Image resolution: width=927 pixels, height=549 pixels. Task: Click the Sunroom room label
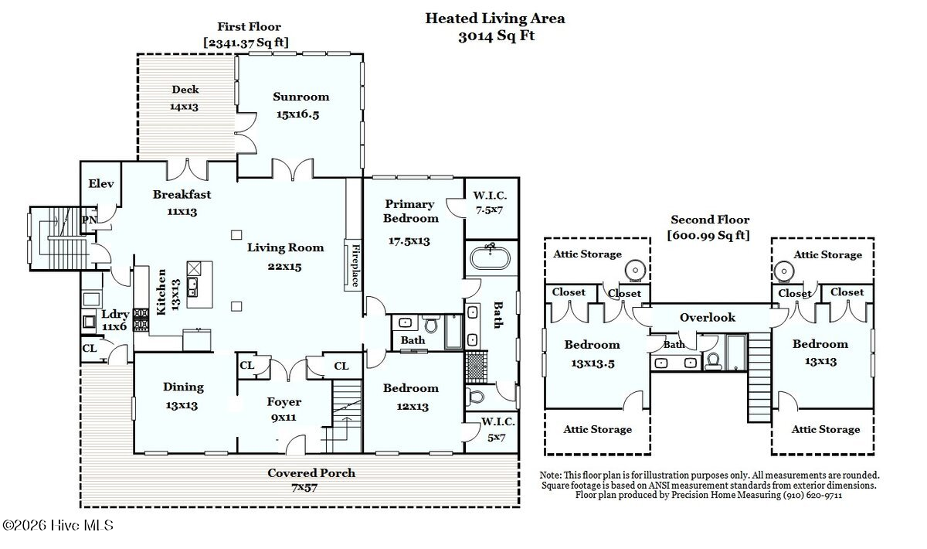[x=301, y=97]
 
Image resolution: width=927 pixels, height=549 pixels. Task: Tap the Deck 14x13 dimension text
[x=184, y=107]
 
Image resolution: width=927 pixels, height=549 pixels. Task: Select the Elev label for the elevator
[x=101, y=183]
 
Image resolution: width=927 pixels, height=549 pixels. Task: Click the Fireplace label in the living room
[x=355, y=265]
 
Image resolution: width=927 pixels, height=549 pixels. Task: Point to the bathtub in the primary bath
[x=491, y=257]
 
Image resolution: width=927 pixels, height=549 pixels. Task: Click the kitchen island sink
[x=192, y=287]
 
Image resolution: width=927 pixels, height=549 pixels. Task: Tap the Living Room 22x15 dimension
[x=284, y=267]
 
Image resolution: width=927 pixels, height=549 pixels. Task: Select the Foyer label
[x=284, y=401]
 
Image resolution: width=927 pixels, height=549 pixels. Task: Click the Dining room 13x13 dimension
[x=182, y=405]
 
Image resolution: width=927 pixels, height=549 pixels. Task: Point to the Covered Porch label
[x=311, y=472]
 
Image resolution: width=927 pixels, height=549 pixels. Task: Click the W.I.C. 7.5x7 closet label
[x=490, y=203]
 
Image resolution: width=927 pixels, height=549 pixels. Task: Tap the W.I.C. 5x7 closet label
[x=497, y=429]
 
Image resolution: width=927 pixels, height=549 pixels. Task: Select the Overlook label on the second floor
[x=708, y=317]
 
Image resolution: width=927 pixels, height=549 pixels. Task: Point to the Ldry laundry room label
[x=115, y=314]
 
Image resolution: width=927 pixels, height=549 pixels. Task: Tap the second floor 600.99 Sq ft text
[x=708, y=235]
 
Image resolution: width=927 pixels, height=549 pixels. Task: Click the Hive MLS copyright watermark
[x=58, y=525]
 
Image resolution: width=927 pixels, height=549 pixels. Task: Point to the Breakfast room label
[x=182, y=194]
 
